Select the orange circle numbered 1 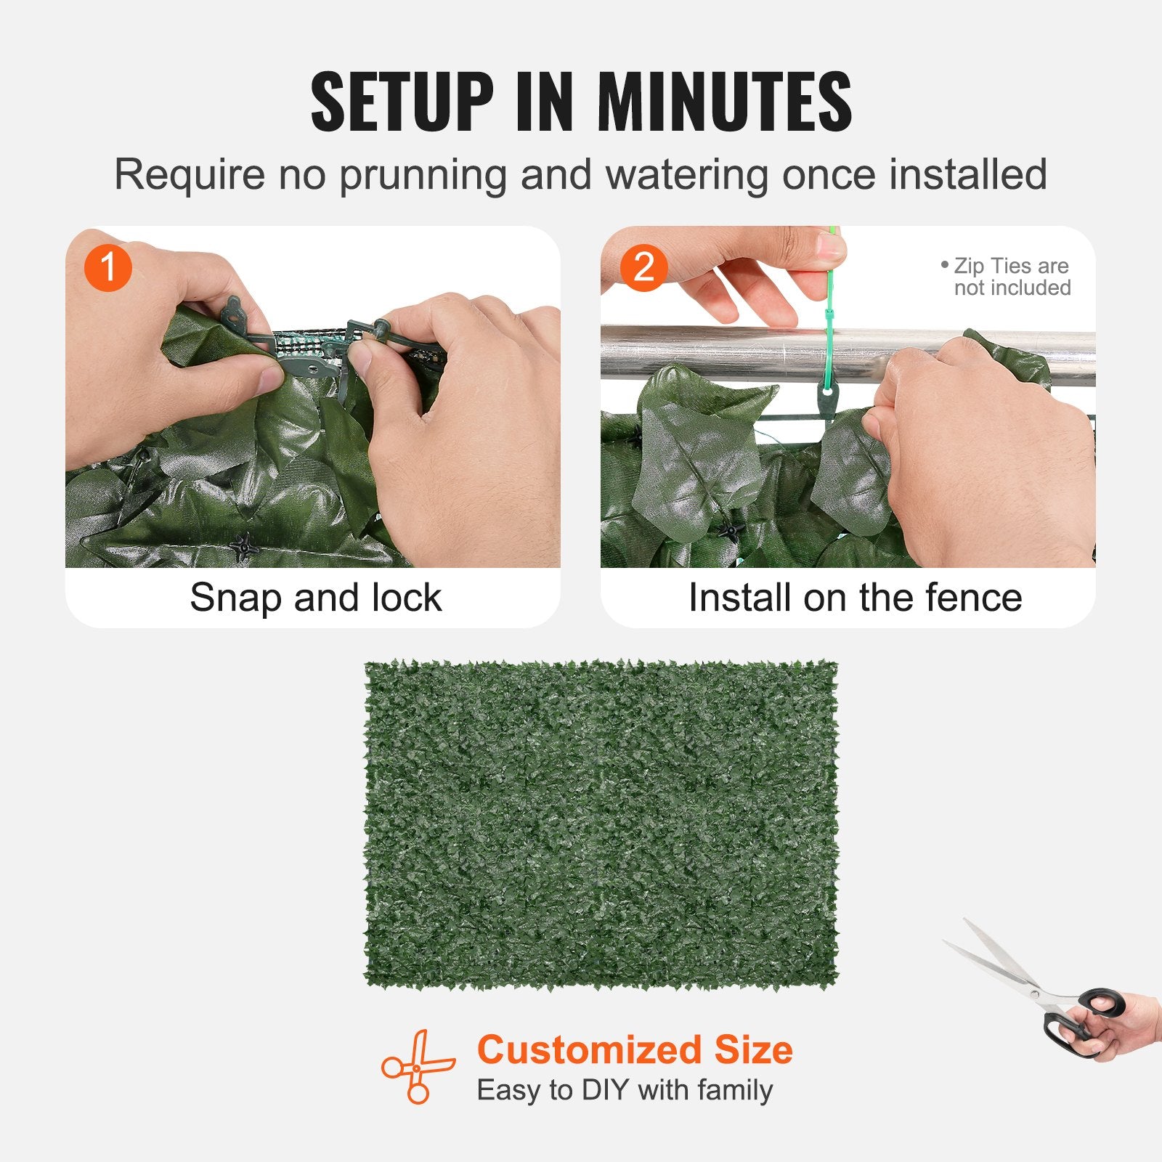(x=107, y=267)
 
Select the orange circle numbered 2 (x=643, y=267)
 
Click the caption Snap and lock (x=315, y=598)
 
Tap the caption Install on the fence (x=855, y=598)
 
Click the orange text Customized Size (x=635, y=1050)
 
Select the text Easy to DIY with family (x=625, y=1090)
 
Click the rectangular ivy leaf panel (x=601, y=824)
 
